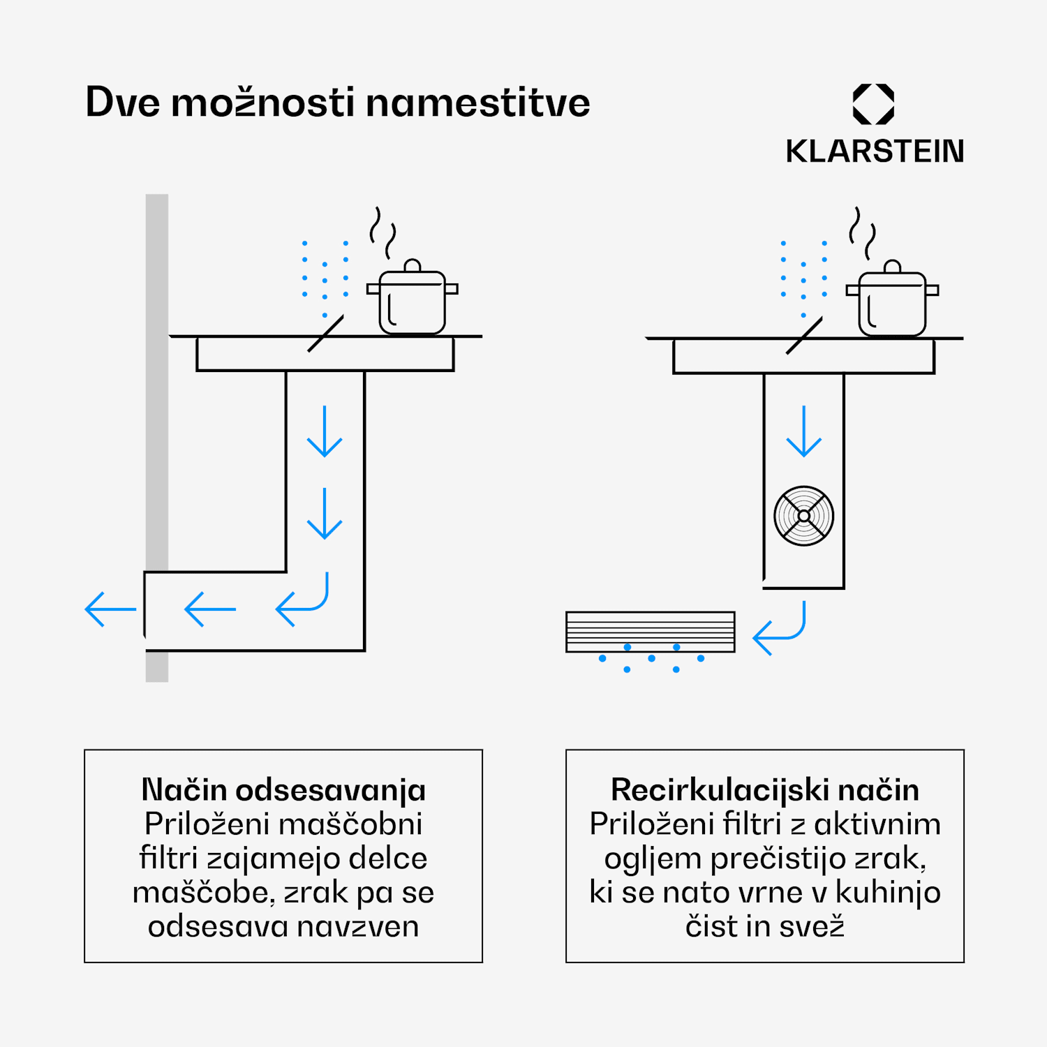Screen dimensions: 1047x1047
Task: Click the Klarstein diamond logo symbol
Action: pos(873,105)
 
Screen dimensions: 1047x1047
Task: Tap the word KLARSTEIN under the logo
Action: pos(875,151)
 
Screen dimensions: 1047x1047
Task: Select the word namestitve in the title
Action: pos(478,103)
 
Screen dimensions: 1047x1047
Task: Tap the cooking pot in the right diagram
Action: pos(892,298)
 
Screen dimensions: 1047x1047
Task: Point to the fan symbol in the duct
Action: pos(804,516)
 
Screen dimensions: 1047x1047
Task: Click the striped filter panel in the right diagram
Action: pos(651,632)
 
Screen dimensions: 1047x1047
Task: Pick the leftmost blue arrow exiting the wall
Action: pos(110,609)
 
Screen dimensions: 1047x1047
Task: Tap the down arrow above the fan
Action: pos(804,431)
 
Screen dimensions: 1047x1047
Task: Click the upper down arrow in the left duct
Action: pos(325,431)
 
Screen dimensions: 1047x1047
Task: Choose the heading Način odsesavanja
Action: pos(283,790)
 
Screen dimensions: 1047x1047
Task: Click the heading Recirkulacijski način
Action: pos(765,790)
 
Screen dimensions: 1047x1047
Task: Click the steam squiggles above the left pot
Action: pos(383,232)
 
